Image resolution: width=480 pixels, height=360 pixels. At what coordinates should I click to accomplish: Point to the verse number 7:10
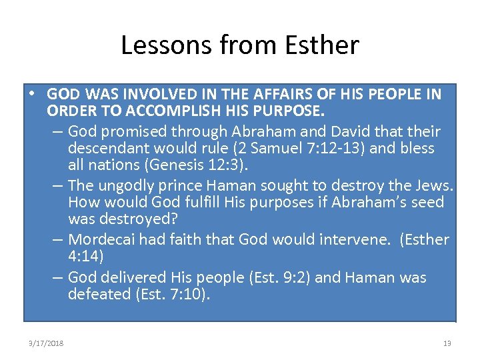click(189, 294)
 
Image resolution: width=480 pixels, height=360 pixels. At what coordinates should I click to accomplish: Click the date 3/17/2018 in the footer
click(46, 343)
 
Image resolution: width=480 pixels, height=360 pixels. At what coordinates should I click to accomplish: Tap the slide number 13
click(447, 343)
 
